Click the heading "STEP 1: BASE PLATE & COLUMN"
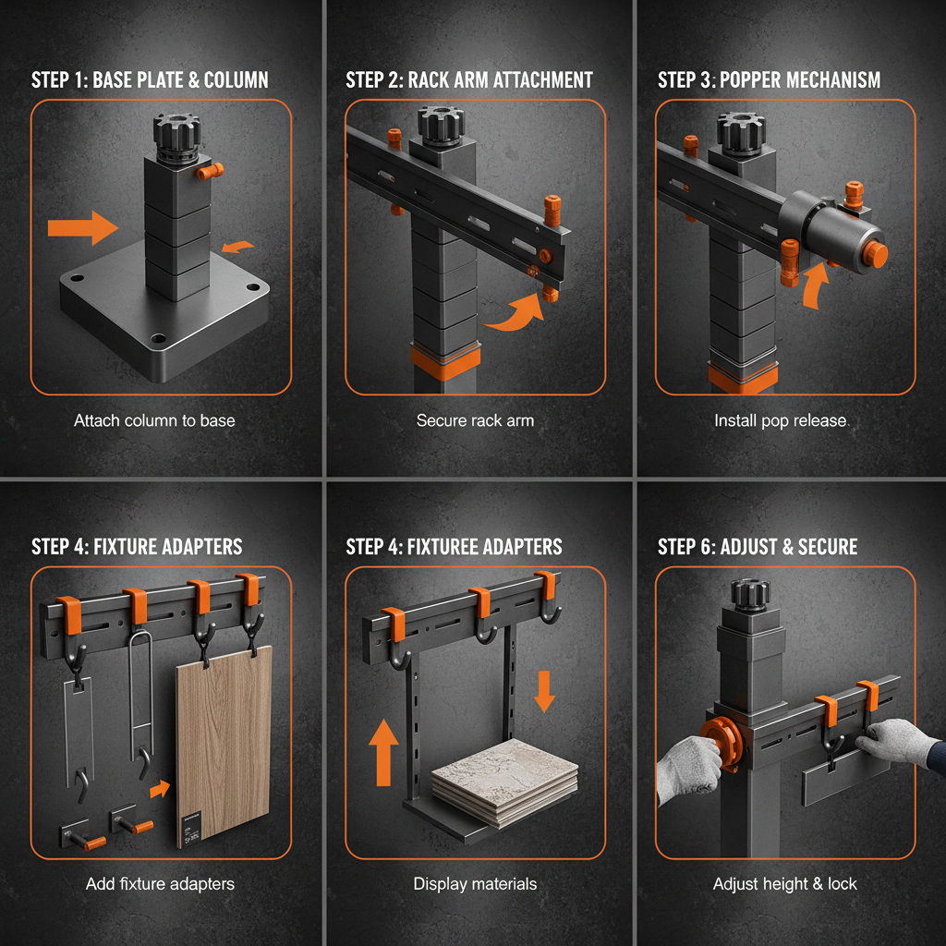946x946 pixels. [x=150, y=79]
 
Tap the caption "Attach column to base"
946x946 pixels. [x=154, y=420]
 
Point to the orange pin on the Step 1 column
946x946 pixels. [x=212, y=172]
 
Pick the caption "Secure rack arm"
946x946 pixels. [x=475, y=420]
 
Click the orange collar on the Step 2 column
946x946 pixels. [x=447, y=360]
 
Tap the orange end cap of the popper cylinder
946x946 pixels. [x=873, y=254]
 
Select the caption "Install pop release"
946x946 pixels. [x=780, y=420]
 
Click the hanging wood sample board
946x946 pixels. [x=224, y=739]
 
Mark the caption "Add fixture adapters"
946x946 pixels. [x=160, y=884]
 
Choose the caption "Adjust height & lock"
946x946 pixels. [x=784, y=884]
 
